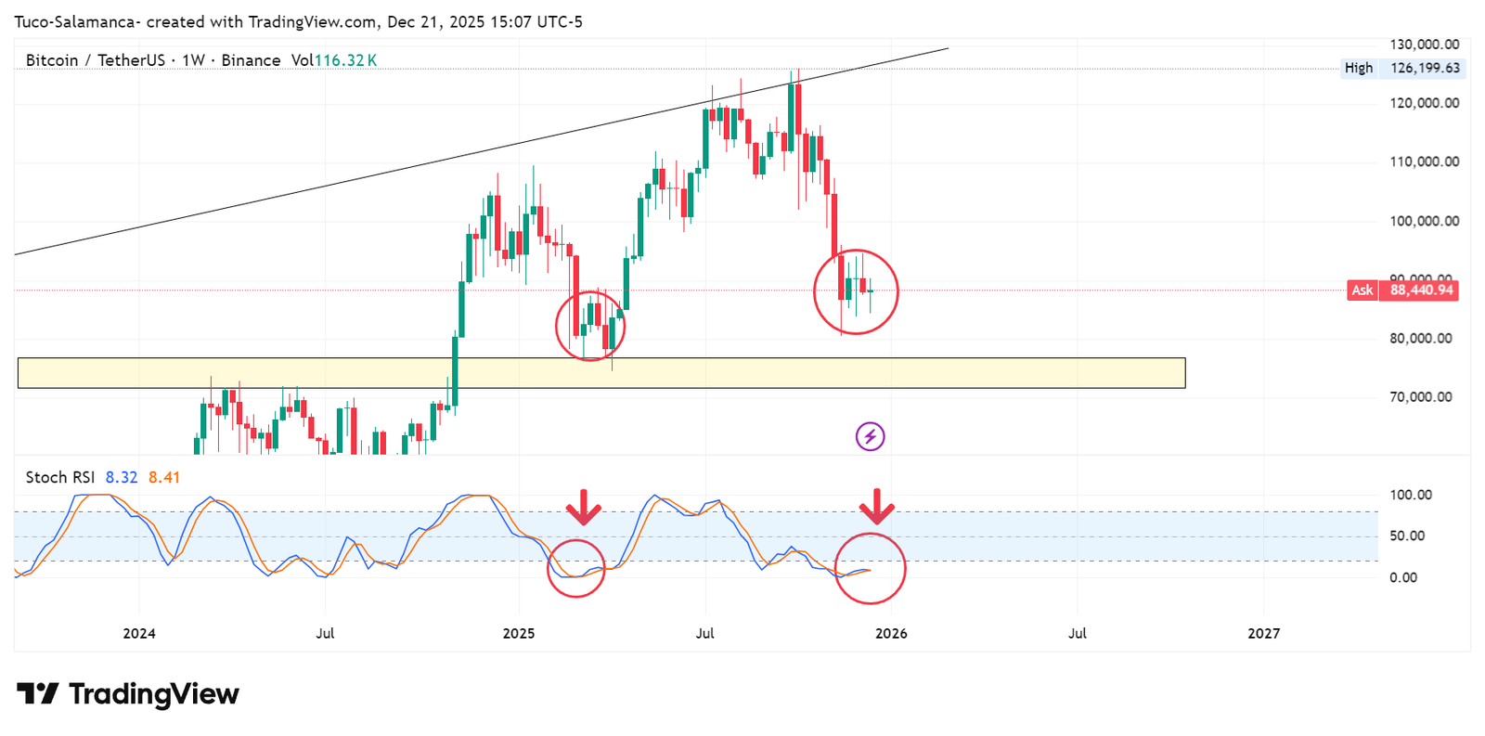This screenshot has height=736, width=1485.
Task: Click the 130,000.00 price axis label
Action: tap(1424, 44)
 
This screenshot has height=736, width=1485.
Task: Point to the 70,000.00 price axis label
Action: tap(1420, 396)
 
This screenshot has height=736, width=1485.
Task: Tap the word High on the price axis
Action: tap(1358, 68)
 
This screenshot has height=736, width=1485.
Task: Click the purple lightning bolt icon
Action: tap(870, 436)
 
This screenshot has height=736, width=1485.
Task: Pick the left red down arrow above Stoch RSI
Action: tap(584, 507)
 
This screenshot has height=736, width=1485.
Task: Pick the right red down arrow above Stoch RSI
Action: tap(876, 507)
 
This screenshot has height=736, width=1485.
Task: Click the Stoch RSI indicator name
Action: tap(59, 477)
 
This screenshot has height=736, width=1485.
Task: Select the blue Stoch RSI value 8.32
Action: tap(121, 477)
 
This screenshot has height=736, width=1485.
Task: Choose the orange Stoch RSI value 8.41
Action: tap(164, 477)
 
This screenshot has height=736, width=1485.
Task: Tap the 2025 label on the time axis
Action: tap(519, 633)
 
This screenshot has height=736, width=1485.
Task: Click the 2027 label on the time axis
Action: tap(1263, 633)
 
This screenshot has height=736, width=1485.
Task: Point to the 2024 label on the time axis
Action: tap(139, 633)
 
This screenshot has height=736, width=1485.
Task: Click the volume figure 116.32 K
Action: tap(345, 60)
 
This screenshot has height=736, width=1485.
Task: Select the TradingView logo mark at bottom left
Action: tap(37, 693)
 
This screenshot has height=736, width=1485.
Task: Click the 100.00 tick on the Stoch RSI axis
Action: tap(1410, 495)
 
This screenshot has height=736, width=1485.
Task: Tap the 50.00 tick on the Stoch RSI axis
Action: tap(1406, 536)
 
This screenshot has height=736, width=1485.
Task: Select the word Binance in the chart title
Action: tap(251, 60)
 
